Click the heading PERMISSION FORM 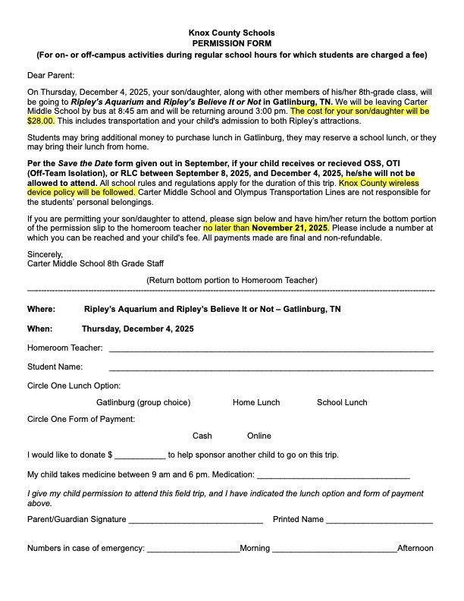[x=231, y=44]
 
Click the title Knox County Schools [x=231, y=33]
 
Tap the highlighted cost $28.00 [x=41, y=120]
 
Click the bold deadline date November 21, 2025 [x=290, y=227]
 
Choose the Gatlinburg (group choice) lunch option [x=143, y=402]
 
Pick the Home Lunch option [x=256, y=402]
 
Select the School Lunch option [x=342, y=402]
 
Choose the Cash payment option [x=202, y=436]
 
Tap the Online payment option [x=259, y=436]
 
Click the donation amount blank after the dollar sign [x=140, y=456]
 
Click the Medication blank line [x=334, y=476]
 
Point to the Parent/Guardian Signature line [x=196, y=521]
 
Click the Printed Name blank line [x=379, y=521]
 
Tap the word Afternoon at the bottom [x=415, y=548]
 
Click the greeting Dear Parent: [x=51, y=76]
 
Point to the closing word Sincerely [x=45, y=254]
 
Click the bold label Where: [x=41, y=310]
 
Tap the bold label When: [x=40, y=329]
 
